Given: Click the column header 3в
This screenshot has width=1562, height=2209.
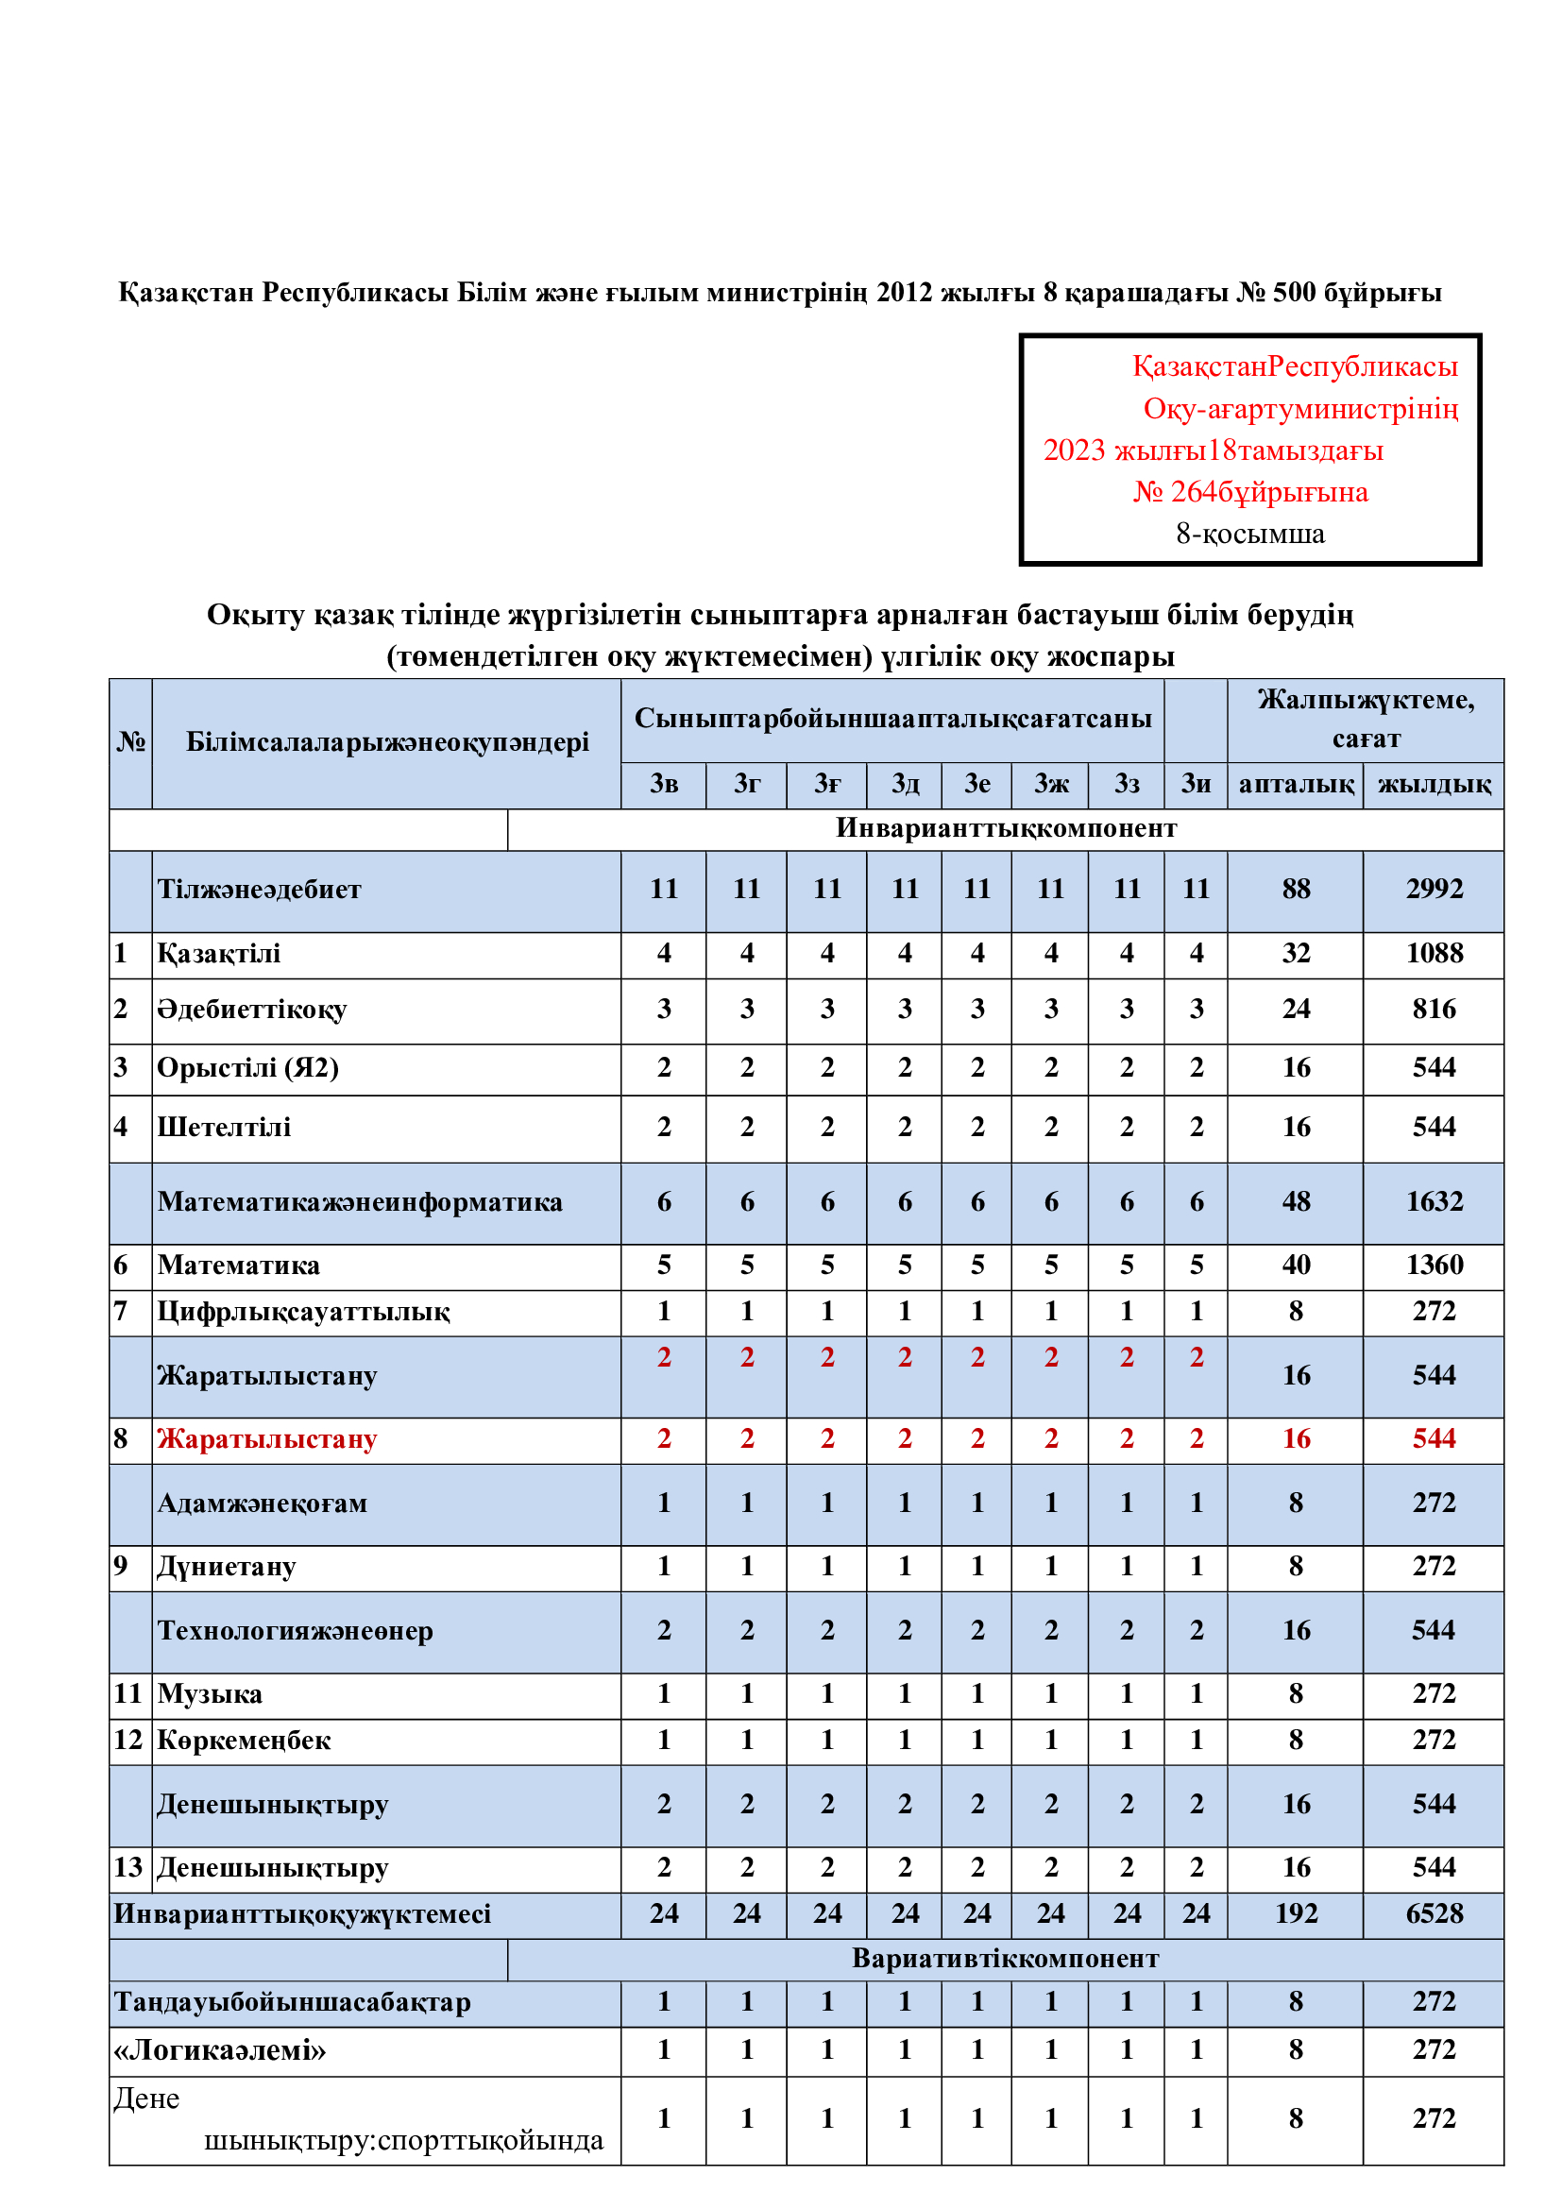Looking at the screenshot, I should [664, 784].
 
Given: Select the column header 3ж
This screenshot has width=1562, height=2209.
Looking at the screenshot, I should [1050, 784].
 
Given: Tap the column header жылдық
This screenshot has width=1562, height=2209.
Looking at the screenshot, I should [1434, 784].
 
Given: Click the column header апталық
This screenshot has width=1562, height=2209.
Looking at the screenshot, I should [1296, 784].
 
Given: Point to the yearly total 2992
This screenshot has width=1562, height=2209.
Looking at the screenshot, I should [1434, 889].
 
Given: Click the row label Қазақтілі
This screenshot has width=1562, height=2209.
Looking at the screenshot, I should [219, 954].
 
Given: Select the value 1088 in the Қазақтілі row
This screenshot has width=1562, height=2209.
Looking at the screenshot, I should [1434, 954].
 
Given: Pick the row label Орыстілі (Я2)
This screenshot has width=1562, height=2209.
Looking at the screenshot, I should [248, 1068].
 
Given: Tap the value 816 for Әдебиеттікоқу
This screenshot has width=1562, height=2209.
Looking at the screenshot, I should [1434, 1010].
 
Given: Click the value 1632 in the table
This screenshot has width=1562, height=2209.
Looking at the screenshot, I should [1434, 1201].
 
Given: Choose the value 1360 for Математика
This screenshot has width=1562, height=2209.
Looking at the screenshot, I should [1434, 1266].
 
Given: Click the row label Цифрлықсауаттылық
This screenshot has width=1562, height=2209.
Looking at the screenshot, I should [304, 1313].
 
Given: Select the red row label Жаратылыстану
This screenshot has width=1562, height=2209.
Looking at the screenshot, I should [267, 1439].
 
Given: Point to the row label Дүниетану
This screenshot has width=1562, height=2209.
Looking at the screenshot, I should [227, 1566].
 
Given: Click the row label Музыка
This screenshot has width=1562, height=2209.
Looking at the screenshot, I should [210, 1694].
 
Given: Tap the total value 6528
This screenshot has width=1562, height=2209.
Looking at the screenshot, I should [1434, 1913].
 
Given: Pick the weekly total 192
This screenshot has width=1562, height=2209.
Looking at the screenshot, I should [1296, 1913].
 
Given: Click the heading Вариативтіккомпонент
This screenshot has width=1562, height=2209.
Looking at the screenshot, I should [1005, 1959].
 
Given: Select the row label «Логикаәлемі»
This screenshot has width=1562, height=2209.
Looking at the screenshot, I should [220, 2050].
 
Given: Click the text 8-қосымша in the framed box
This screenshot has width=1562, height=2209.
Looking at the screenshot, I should [1249, 534].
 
